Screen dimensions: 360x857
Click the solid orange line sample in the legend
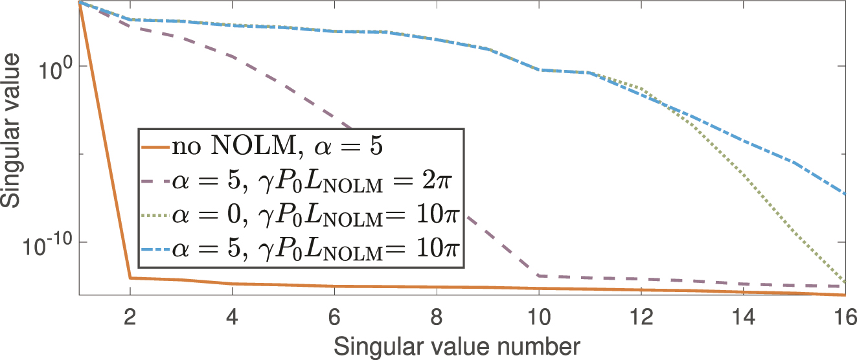click(155, 147)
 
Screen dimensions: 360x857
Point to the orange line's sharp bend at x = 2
click(131, 278)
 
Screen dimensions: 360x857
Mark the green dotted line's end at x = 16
click(845, 282)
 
